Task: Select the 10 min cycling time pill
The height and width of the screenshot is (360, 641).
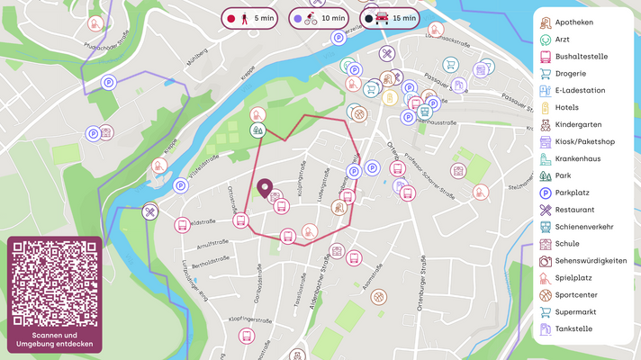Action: click(320, 17)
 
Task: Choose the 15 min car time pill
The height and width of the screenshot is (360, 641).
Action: click(390, 17)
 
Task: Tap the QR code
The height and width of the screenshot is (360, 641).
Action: click(55, 283)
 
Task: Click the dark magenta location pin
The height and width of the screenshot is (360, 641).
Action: click(265, 188)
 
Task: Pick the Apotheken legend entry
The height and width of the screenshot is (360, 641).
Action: click(573, 22)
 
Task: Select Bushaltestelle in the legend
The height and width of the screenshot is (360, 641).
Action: click(581, 56)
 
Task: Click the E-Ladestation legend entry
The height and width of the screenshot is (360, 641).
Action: click(579, 90)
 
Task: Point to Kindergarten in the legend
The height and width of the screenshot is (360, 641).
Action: click(578, 124)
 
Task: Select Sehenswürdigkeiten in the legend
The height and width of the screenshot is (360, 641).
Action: click(591, 261)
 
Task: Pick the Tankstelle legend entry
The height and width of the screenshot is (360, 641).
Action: click(573, 329)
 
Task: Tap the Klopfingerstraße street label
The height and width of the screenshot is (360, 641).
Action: click(250, 319)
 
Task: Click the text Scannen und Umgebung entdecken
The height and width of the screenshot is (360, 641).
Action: click(55, 339)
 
